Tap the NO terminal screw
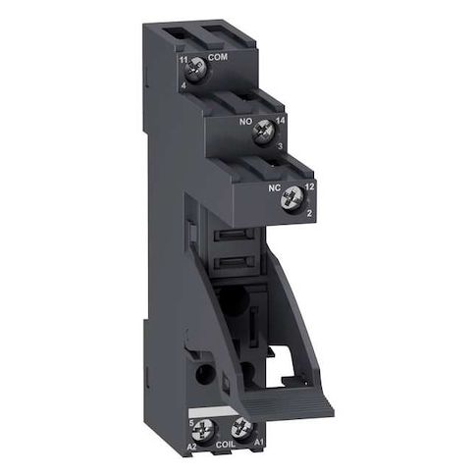pos(264,132)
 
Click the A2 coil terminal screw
pos(203,430)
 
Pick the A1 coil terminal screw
pos(242,429)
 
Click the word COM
pos(218,58)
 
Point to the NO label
pos(245,122)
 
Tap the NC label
pos(275,188)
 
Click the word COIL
pos(226,445)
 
